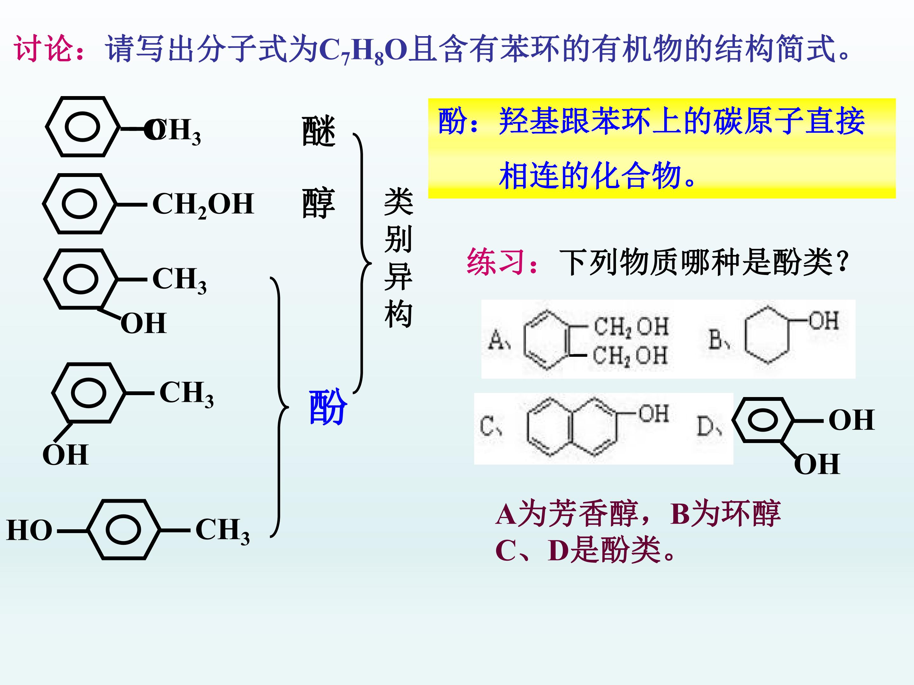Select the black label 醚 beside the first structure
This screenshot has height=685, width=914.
(x=319, y=131)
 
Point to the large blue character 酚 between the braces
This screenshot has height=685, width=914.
(x=328, y=407)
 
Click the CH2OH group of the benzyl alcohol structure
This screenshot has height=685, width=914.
(x=203, y=205)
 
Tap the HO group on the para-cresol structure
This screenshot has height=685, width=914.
(x=29, y=530)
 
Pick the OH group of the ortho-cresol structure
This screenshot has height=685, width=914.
(x=143, y=323)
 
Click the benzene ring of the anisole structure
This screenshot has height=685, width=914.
(x=83, y=127)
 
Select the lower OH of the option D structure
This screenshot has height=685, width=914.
(x=817, y=464)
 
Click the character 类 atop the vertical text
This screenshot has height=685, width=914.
(x=398, y=201)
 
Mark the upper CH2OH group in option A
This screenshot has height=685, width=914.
(x=631, y=327)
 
